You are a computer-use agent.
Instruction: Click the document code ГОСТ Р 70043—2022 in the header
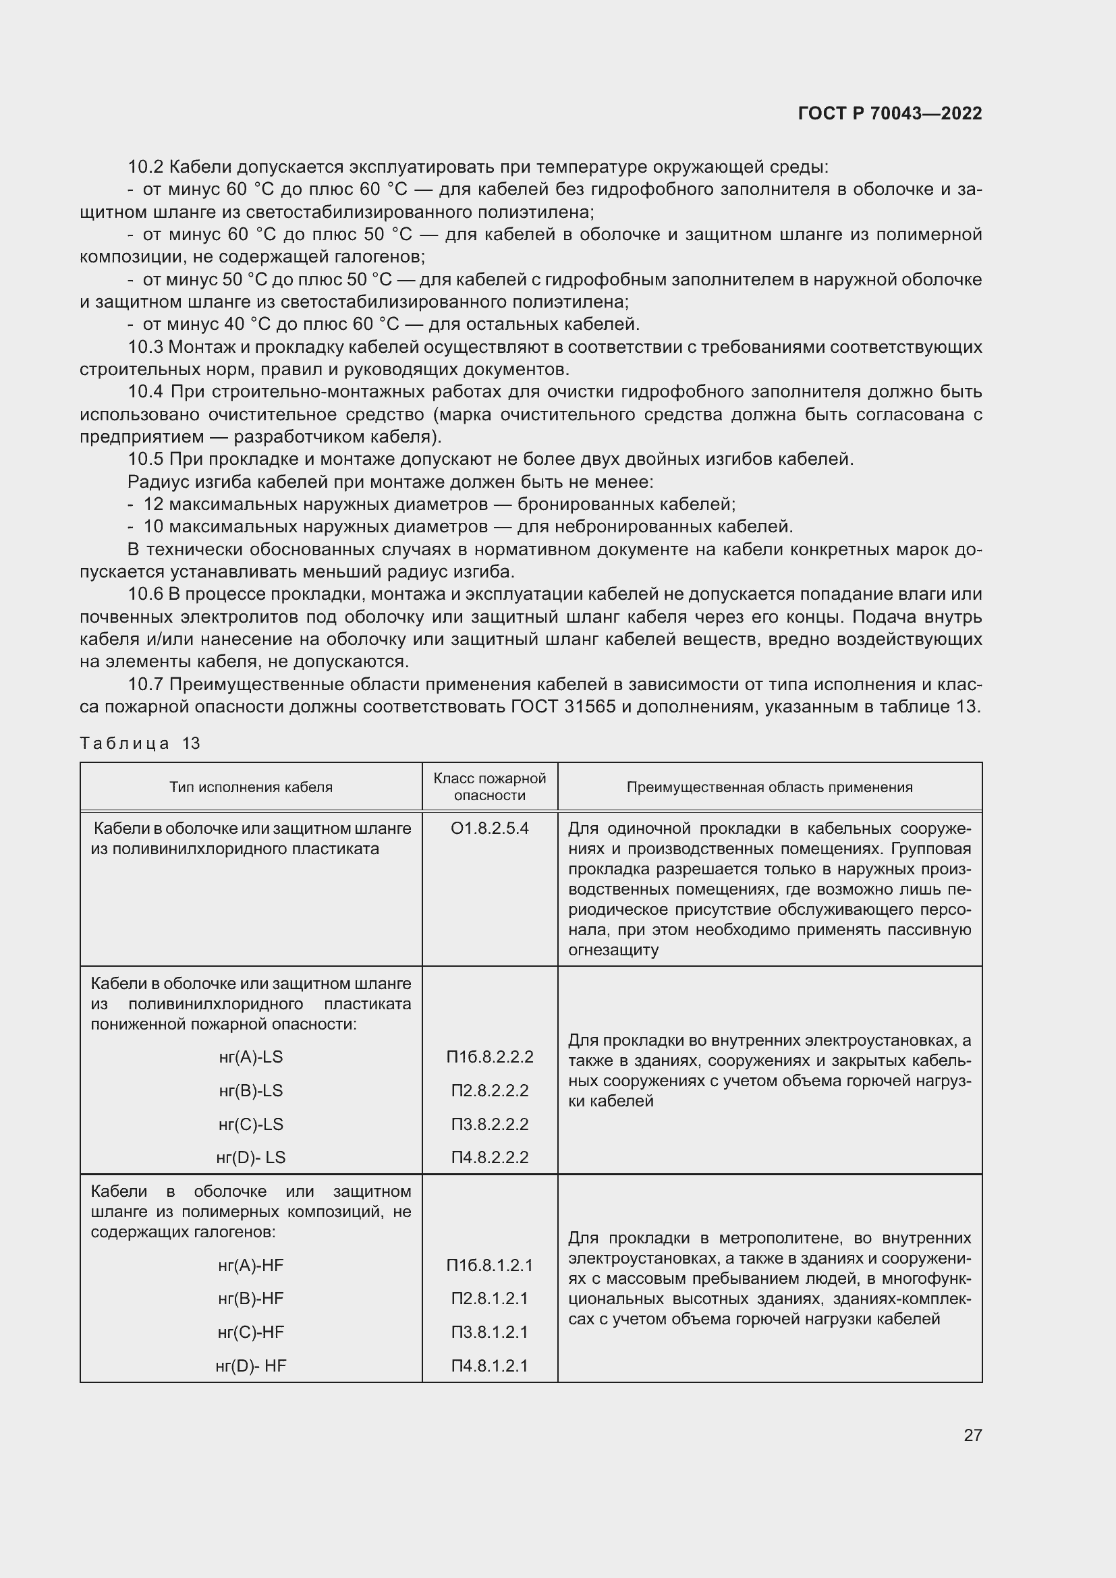point(890,113)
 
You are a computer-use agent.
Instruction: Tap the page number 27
point(972,1435)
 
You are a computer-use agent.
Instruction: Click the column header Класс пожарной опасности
point(489,787)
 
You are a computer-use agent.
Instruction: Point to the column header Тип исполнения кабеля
point(251,787)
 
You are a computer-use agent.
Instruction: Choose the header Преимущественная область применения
point(769,787)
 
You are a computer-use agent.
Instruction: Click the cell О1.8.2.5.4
point(489,828)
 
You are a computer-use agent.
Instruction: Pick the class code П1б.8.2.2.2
point(489,1056)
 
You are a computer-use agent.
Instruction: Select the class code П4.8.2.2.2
point(489,1158)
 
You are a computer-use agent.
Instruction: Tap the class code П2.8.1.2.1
point(489,1298)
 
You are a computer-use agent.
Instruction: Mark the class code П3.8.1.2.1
point(489,1332)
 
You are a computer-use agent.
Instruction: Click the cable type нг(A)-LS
point(251,1056)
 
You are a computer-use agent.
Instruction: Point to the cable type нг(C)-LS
point(251,1124)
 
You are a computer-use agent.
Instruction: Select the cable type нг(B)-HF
point(251,1298)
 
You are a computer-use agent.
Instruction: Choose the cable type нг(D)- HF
point(251,1365)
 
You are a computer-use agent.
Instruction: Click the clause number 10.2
point(146,167)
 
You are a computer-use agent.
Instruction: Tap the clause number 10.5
point(146,459)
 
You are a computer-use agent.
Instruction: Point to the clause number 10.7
point(146,684)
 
